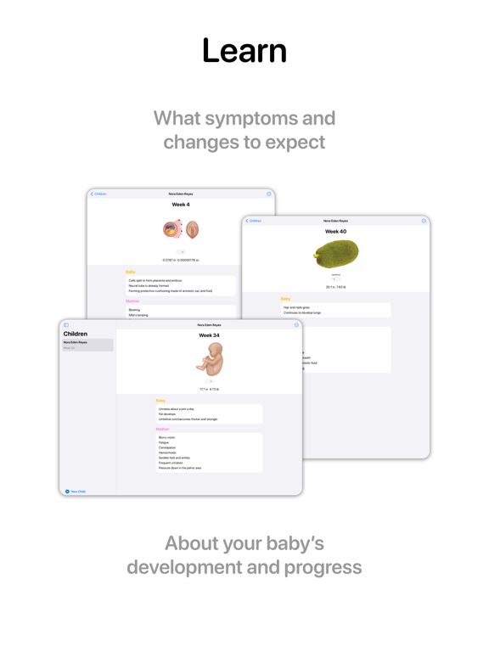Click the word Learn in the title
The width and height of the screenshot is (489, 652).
(244, 51)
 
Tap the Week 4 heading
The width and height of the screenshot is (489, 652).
(181, 205)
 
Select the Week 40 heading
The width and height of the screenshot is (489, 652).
(335, 231)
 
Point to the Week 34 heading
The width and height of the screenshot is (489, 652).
(209, 335)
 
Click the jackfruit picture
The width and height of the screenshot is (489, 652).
(335, 254)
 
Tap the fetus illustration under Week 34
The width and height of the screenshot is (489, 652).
(209, 360)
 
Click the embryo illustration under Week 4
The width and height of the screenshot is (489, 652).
(181, 228)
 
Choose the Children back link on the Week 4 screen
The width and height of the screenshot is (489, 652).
(98, 194)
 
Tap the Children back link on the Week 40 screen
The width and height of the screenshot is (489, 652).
(254, 221)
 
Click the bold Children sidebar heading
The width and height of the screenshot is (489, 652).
(76, 334)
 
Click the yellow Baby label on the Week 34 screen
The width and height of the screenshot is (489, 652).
(160, 401)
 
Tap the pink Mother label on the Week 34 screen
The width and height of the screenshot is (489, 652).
(162, 430)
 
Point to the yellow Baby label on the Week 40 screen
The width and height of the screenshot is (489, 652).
(285, 299)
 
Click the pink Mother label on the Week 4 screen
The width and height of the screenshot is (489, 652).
(132, 301)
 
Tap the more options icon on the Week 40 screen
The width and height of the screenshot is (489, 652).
(424, 221)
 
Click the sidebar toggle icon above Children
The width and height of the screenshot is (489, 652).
(66, 325)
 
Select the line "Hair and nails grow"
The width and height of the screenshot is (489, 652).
(296, 307)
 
